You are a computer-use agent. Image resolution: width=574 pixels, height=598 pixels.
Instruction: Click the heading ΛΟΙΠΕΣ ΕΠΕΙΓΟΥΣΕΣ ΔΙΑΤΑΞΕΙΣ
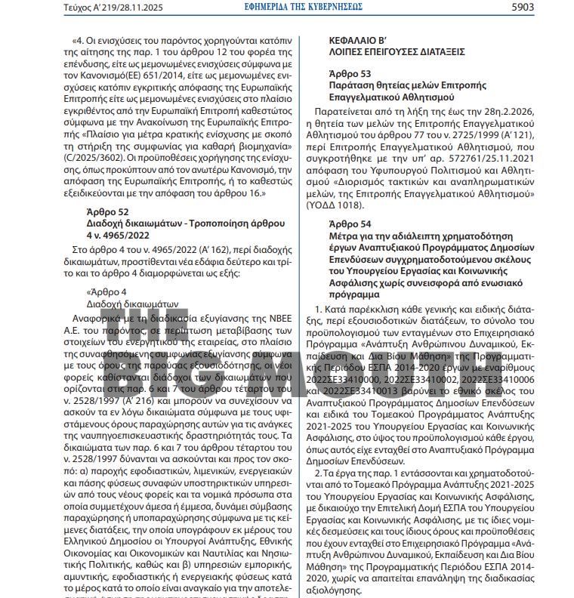pos(397,51)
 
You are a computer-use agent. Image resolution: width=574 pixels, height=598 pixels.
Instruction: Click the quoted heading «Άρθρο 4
pos(107,291)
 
